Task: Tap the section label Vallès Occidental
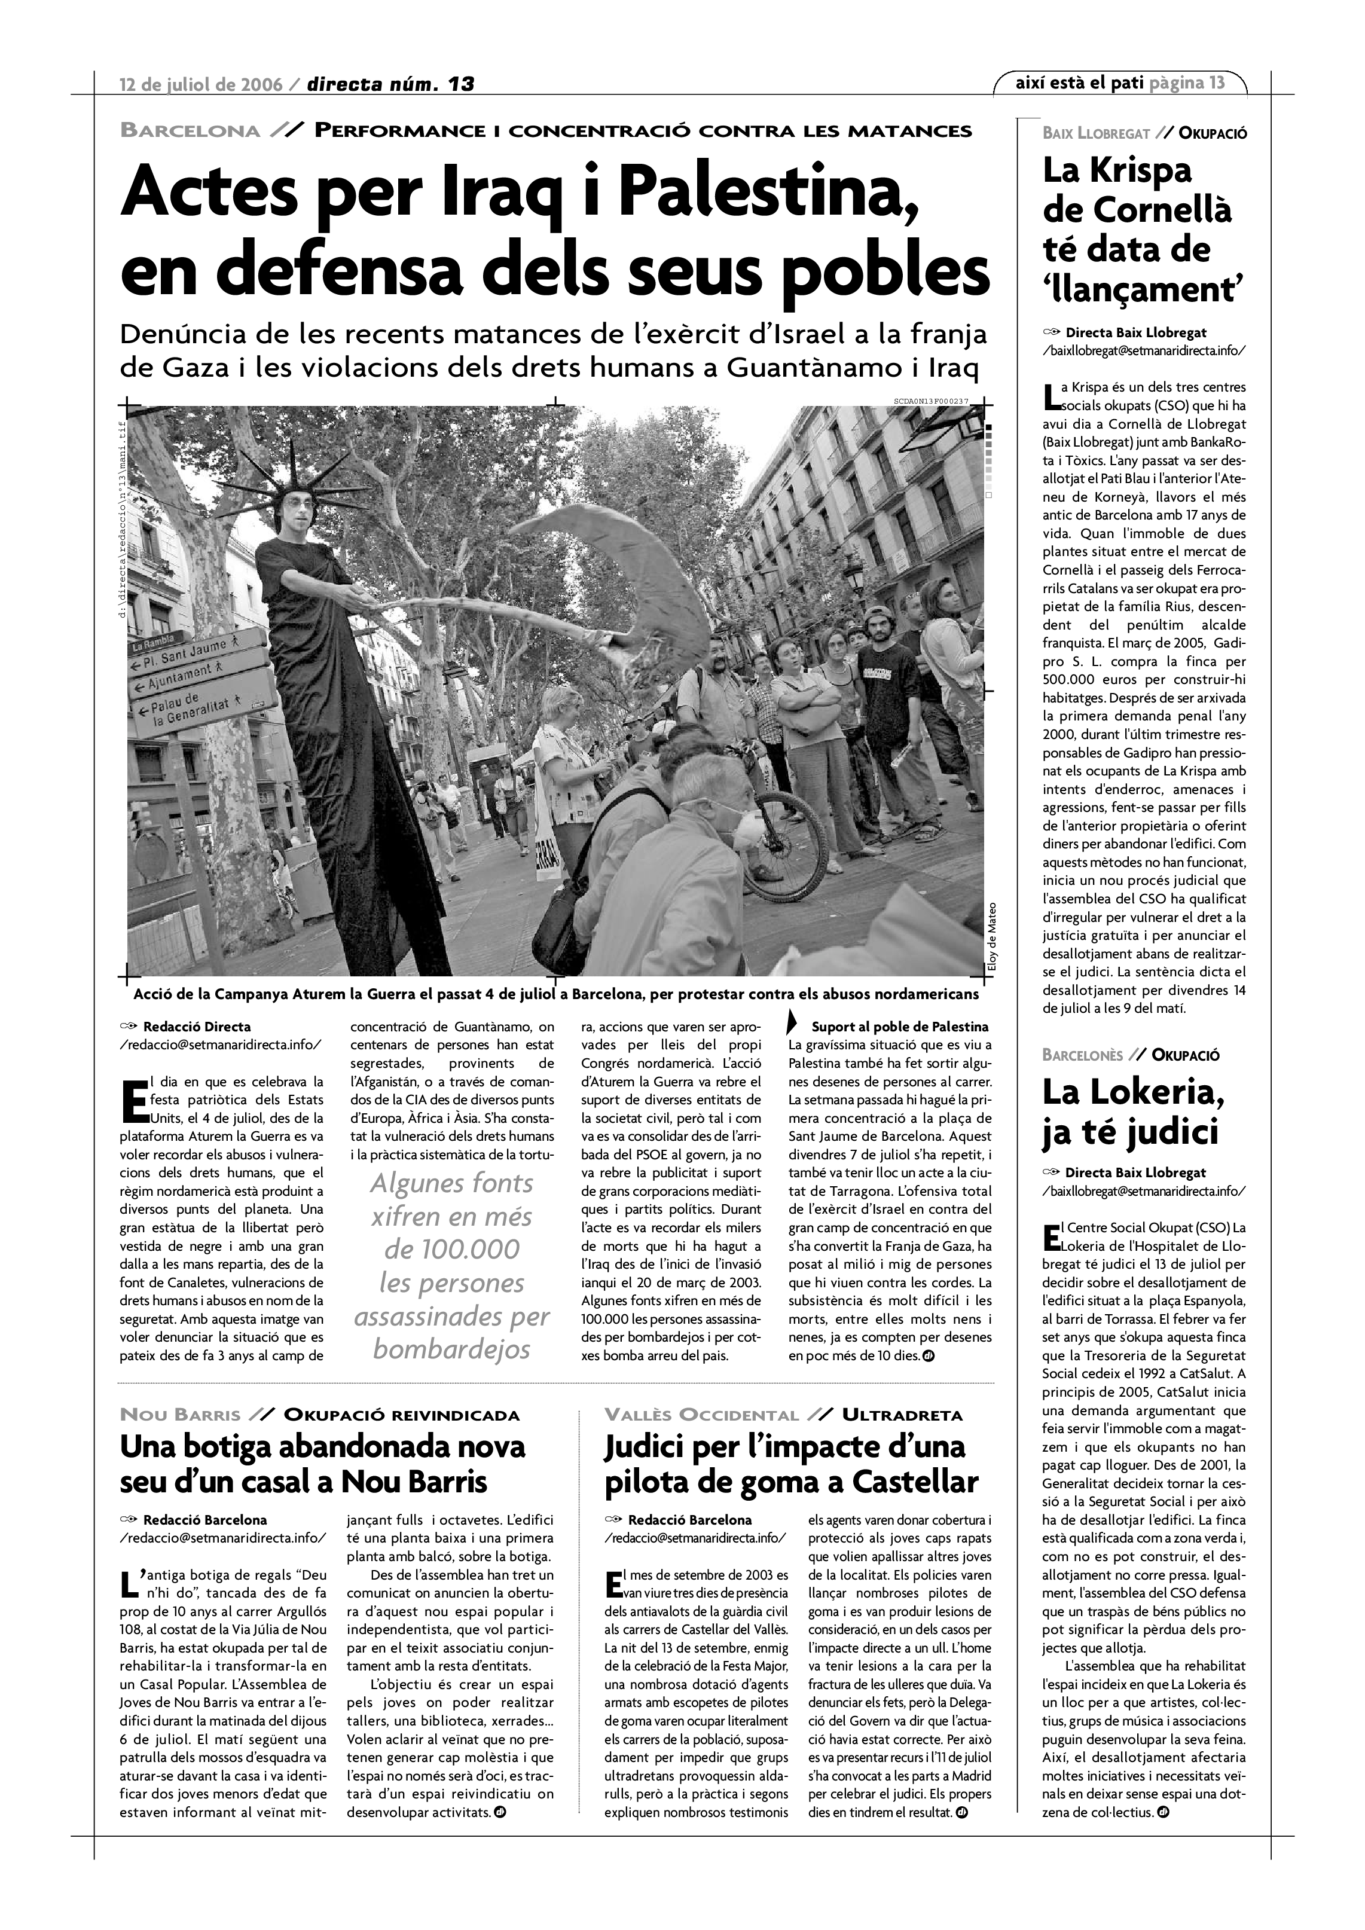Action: [x=702, y=1416]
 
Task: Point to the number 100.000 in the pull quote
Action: [x=452, y=1249]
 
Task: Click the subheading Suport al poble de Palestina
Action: [x=899, y=1027]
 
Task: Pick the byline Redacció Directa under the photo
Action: [x=197, y=1027]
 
